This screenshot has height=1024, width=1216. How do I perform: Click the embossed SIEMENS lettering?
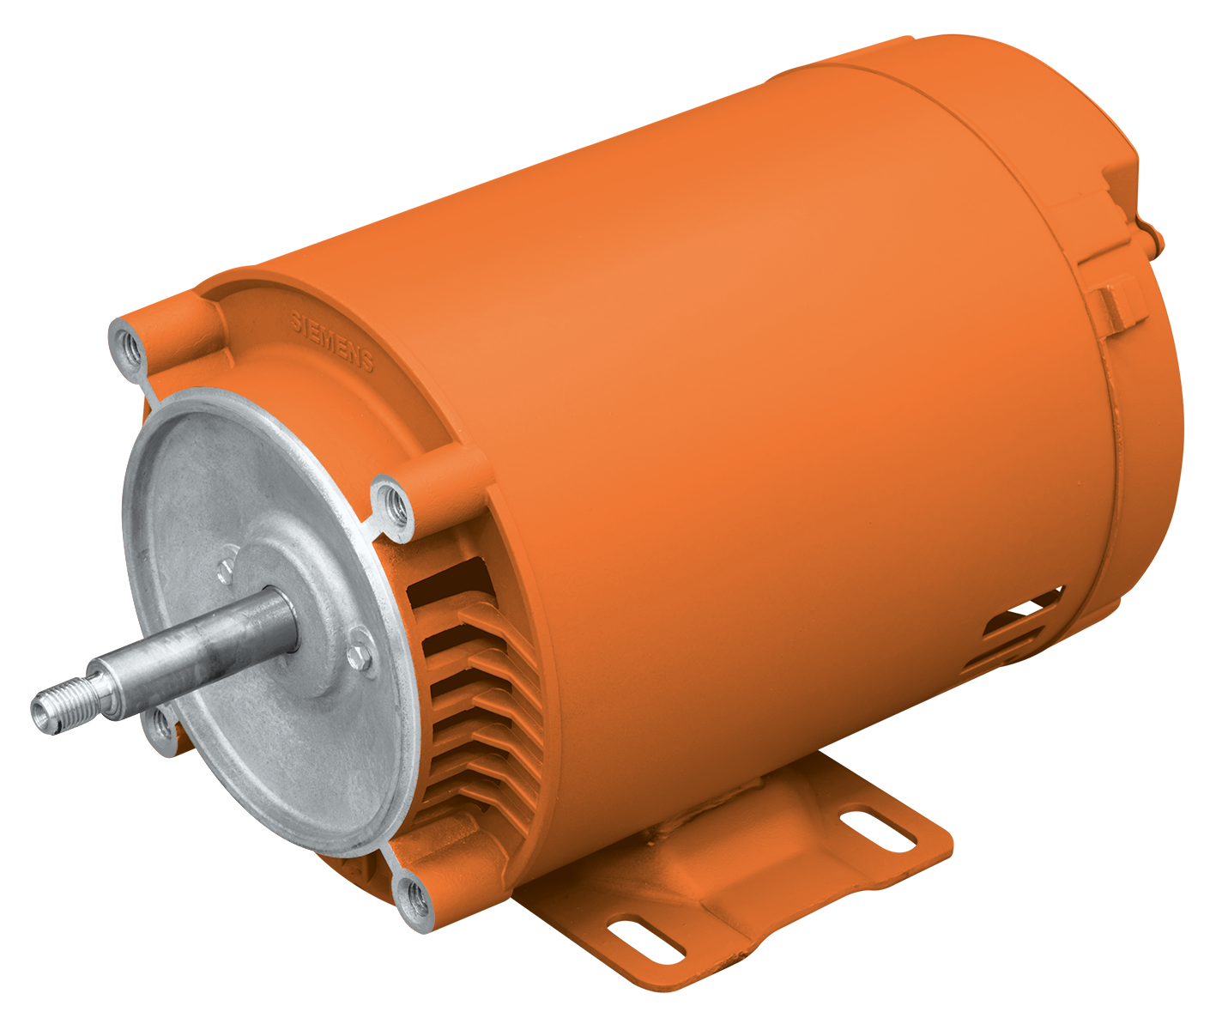point(331,342)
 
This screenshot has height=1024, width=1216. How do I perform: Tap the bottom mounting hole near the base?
point(415,897)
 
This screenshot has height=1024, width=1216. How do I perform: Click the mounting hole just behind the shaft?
point(160,728)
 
